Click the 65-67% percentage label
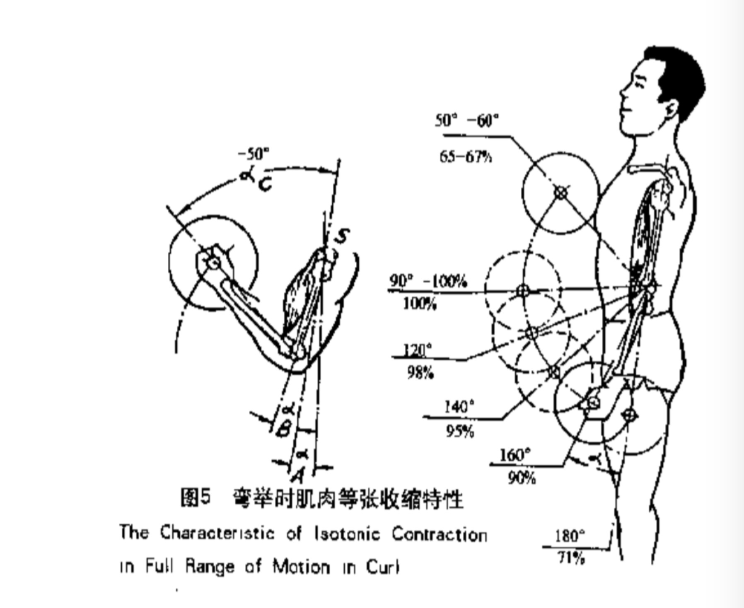point(466,157)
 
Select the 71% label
point(571,559)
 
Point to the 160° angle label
point(515,455)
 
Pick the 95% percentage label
point(460,432)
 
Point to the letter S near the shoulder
point(342,236)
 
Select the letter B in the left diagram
point(283,430)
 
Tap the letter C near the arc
point(265,184)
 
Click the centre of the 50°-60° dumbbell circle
point(560,192)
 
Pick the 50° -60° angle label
point(466,121)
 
